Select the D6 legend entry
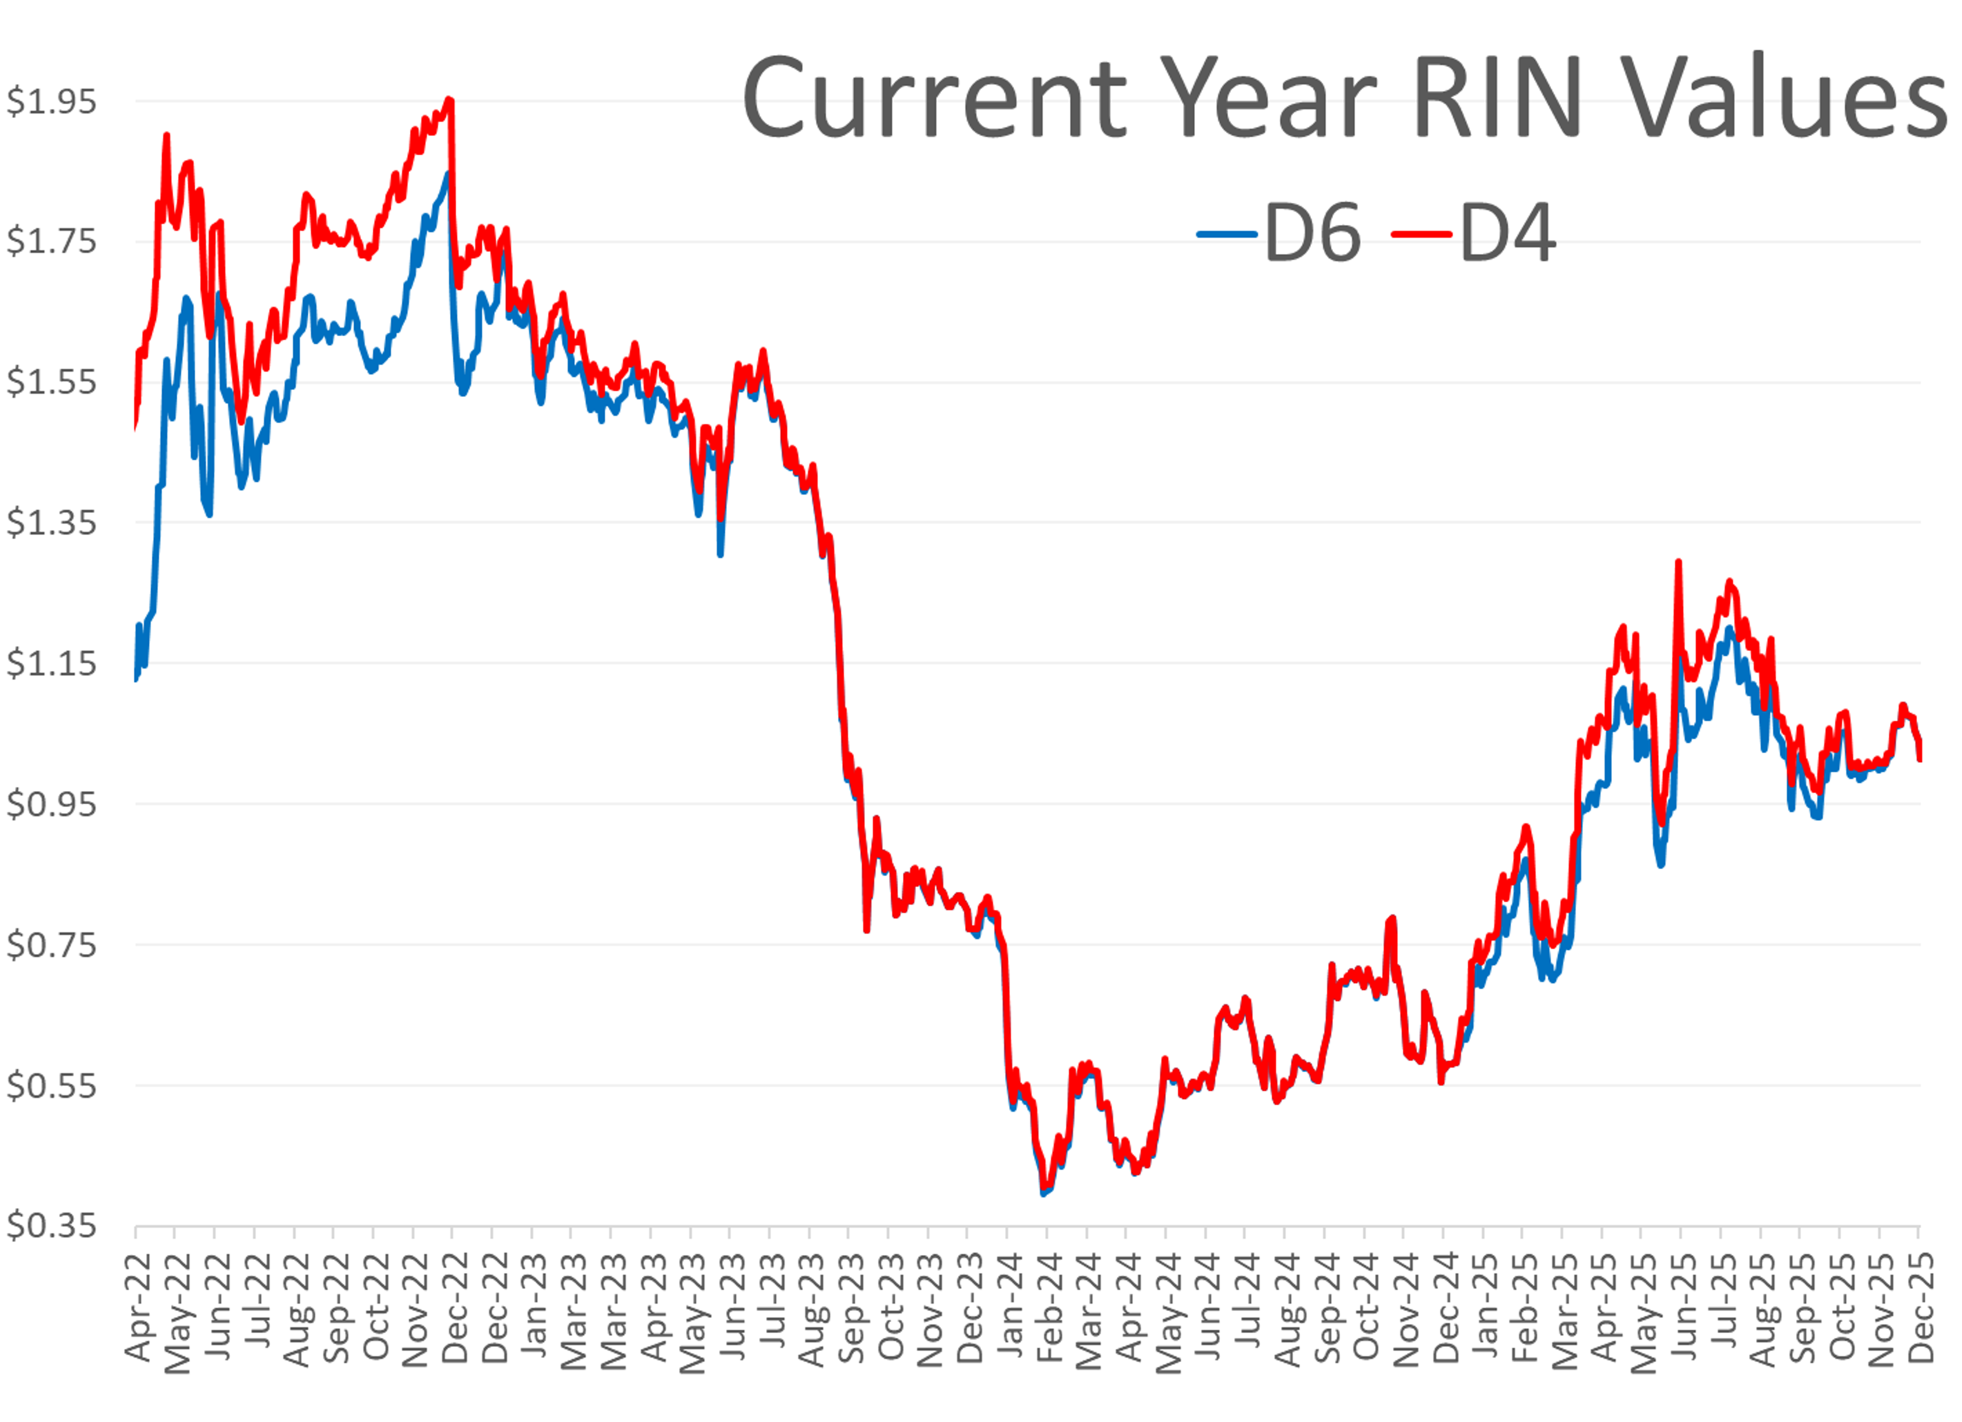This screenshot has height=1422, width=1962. tap(1280, 234)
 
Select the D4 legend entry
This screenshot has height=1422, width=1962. tap(1475, 234)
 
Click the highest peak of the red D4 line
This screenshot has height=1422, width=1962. tap(449, 100)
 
